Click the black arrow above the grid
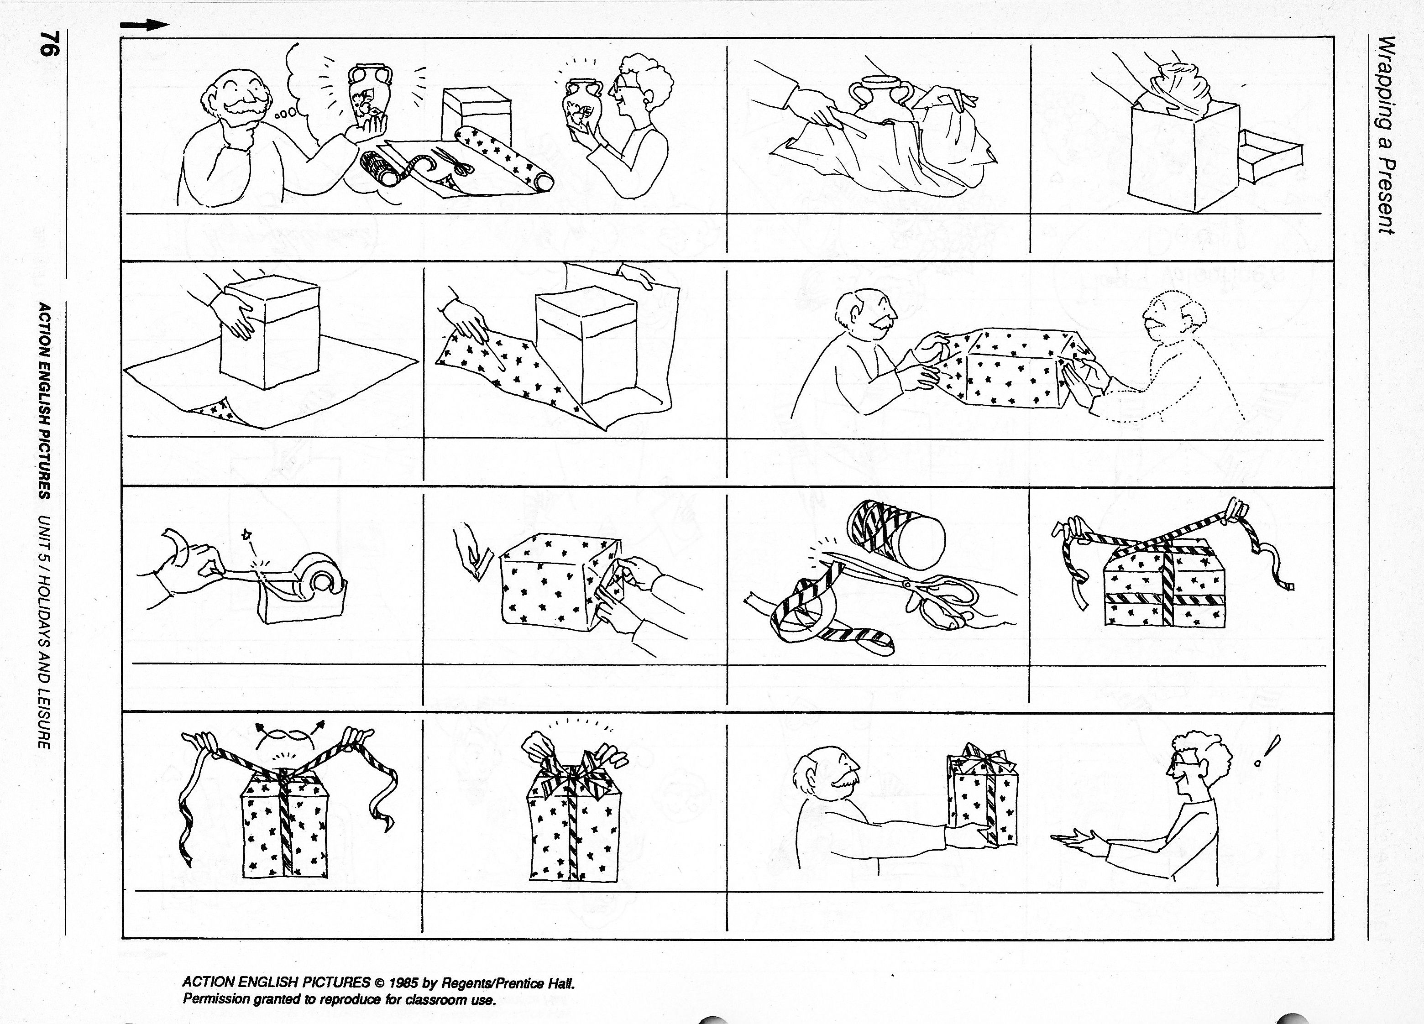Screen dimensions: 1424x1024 coord(145,25)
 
